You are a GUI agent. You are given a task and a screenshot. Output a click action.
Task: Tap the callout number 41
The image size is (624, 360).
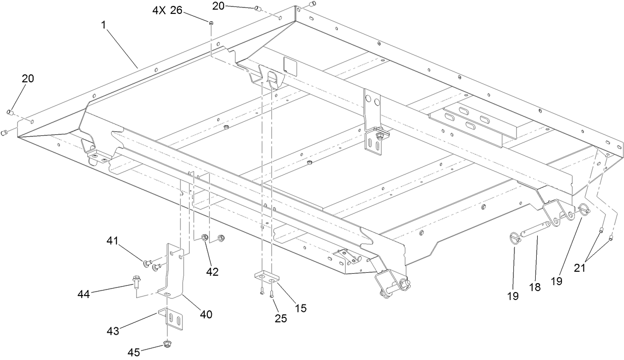tap(113, 241)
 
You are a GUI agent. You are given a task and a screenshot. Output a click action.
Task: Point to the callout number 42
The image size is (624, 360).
tap(212, 272)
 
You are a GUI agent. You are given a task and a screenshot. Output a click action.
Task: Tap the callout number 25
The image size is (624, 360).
tap(281, 318)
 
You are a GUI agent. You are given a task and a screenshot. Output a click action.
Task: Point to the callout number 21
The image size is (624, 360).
tap(580, 267)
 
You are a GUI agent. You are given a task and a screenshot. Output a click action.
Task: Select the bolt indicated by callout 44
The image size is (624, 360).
tap(135, 281)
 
